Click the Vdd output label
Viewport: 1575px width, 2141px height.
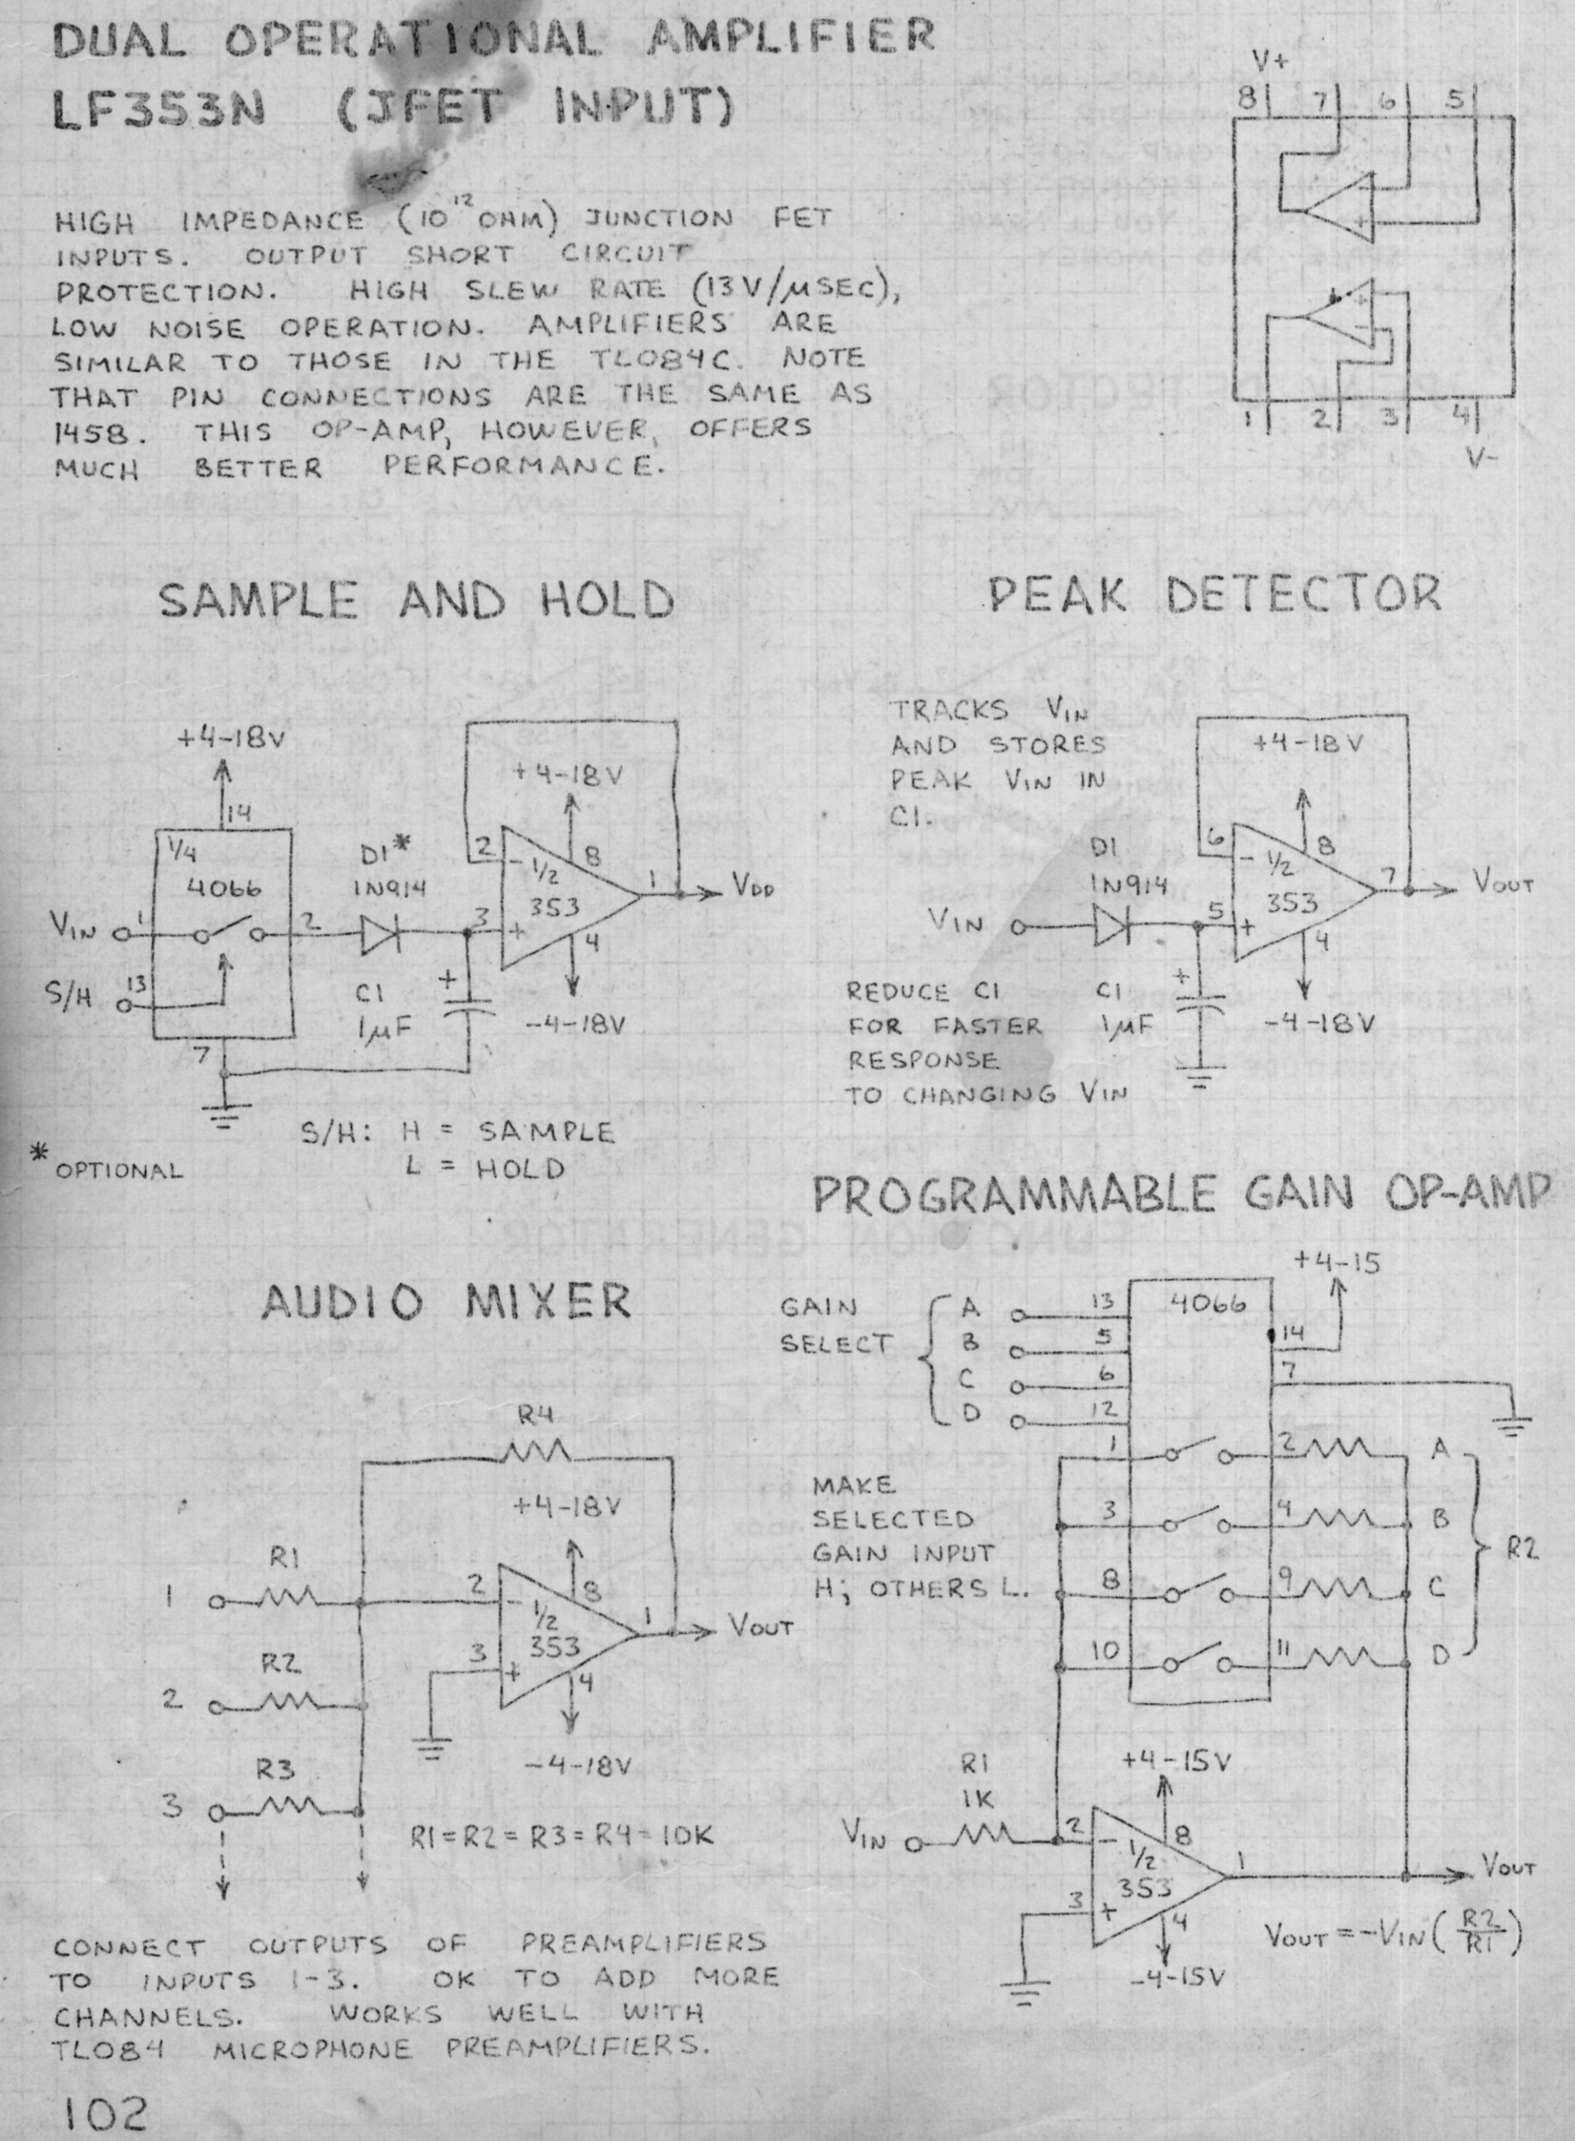753,891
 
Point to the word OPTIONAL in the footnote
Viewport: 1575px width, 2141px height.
118,1171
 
